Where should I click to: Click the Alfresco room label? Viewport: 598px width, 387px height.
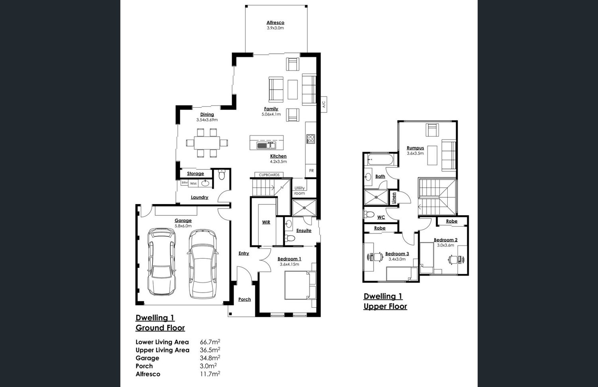(275, 23)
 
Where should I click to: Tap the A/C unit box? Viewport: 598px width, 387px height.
(324, 104)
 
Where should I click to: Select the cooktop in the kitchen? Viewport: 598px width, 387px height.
(311, 139)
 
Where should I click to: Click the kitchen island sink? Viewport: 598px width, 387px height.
(266, 145)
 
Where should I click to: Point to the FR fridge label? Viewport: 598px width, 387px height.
(311, 171)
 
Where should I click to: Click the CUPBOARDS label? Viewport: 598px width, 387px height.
(269, 175)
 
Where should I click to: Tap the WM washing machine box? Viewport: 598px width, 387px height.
(193, 184)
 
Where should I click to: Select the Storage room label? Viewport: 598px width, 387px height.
(195, 173)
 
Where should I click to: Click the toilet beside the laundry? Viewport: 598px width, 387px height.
(222, 174)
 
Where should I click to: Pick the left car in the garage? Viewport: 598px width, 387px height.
(161, 262)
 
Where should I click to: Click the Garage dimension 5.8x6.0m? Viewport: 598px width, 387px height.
(183, 226)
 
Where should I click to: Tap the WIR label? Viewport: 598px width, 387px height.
(266, 222)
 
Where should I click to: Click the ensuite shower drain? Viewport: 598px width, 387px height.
(304, 207)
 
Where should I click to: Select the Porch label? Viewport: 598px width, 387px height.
(244, 299)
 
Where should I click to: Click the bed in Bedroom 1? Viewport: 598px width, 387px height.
(300, 285)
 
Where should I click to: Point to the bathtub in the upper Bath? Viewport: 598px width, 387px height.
(380, 160)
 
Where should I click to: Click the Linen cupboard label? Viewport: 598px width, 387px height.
(394, 198)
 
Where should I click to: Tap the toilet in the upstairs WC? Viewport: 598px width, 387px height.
(369, 214)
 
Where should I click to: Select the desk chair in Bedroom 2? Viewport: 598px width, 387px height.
(453, 259)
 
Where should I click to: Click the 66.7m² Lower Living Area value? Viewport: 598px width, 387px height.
(210, 342)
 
